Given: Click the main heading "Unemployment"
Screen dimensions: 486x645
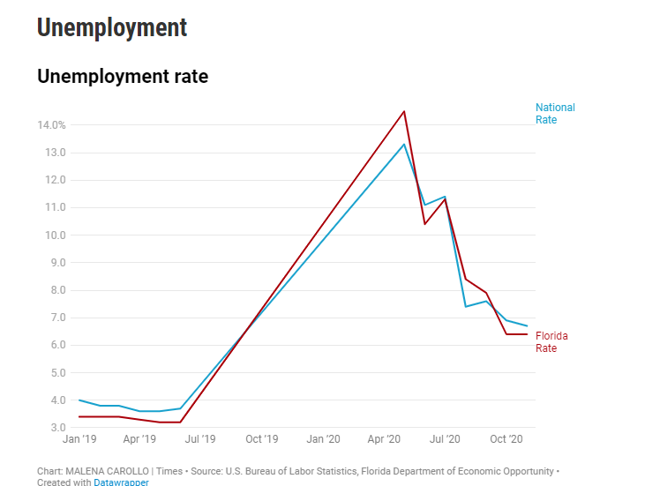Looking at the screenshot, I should [x=112, y=27].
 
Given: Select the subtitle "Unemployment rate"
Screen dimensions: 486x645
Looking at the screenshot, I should [x=123, y=77].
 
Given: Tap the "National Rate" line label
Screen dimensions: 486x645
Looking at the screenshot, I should [x=555, y=113].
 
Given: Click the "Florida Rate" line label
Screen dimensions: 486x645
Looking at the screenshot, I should [x=551, y=341].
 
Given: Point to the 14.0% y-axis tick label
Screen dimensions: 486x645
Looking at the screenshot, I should [x=51, y=125].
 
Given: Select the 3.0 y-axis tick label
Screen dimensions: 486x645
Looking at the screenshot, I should [x=56, y=428].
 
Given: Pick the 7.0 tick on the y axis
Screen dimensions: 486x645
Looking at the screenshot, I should [x=56, y=318].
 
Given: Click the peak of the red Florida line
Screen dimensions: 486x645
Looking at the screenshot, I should [x=404, y=111].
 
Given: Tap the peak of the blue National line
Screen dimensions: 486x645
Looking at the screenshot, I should [x=404, y=144].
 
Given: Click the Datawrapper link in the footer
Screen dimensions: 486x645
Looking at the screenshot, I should [x=121, y=482].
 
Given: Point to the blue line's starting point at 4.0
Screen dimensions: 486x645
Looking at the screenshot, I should [x=79, y=400].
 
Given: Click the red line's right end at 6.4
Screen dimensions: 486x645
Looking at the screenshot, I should [x=527, y=334].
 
